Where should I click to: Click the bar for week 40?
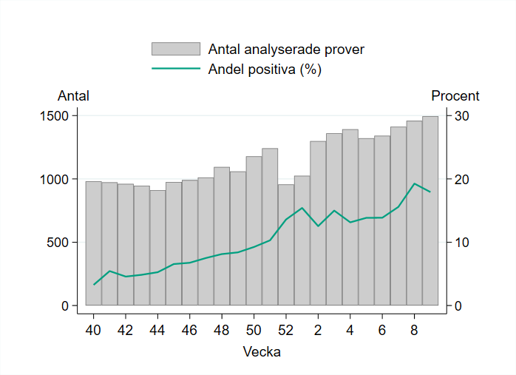(x=93, y=243)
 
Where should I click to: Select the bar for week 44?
(x=157, y=248)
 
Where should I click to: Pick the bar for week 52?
(x=286, y=245)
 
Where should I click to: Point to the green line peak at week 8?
(x=414, y=183)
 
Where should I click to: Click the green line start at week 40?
(x=94, y=285)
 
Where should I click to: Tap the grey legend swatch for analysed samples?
(x=176, y=50)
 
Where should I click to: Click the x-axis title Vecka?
(x=262, y=352)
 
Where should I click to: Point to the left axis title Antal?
(x=73, y=96)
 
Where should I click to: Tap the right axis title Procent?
(x=455, y=96)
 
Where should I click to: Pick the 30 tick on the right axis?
(x=462, y=116)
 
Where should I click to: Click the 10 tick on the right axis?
(x=462, y=243)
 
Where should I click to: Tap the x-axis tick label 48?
(x=222, y=329)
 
